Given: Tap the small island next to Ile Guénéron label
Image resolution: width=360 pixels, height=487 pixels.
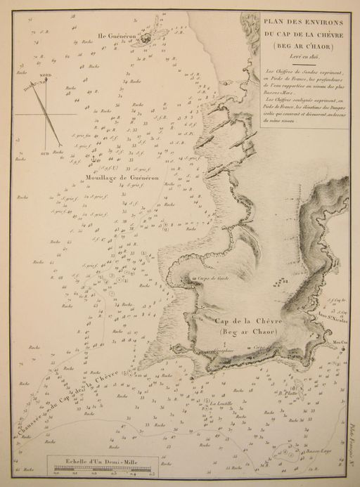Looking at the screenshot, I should tap(145, 38).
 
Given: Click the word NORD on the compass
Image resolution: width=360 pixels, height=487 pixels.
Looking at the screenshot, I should tap(45, 74).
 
